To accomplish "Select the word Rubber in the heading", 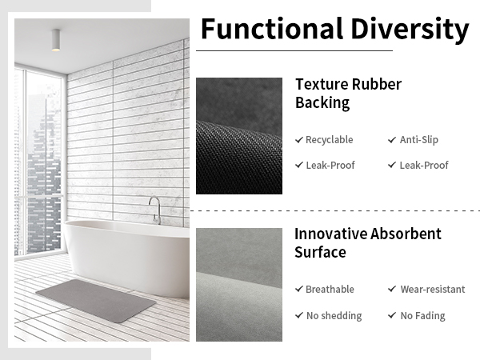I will [375, 85].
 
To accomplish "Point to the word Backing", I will [322, 103].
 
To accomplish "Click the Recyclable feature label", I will [329, 140].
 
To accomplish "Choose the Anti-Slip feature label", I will [418, 140].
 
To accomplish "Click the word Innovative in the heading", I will [330, 234].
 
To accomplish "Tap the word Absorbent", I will [406, 234].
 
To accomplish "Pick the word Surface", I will [320, 253].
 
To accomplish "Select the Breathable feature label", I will [330, 290].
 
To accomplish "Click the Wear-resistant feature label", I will [432, 290].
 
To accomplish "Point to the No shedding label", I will [334, 316].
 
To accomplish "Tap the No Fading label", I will [422, 316].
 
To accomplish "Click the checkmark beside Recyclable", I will [299, 140].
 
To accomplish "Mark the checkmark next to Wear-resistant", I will [392, 290].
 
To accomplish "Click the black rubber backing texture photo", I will [238, 135].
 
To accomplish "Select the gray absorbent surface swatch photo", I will [238, 284].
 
